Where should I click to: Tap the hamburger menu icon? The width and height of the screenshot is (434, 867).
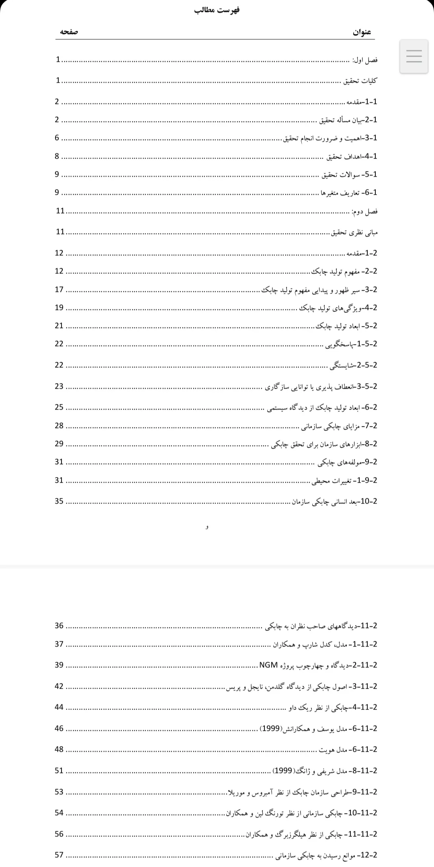click(414, 56)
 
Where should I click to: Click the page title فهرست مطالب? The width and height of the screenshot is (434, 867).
click(217, 10)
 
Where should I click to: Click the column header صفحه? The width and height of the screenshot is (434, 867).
click(69, 32)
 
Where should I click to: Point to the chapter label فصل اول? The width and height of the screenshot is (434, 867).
click(365, 60)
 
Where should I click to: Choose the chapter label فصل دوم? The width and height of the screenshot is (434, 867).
click(364, 212)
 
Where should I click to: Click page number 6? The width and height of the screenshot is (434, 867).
click(57, 138)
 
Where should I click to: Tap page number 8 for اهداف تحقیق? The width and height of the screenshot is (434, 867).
click(57, 156)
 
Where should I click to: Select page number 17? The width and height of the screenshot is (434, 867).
click(59, 289)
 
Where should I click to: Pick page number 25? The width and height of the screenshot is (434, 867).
click(59, 407)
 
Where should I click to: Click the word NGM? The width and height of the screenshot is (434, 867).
click(268, 665)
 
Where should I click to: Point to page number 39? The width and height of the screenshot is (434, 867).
click(59, 665)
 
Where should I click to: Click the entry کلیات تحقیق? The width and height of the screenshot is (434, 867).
click(360, 81)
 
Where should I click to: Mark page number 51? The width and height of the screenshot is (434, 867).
click(59, 770)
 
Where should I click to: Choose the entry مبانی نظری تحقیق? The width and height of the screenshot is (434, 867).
click(354, 232)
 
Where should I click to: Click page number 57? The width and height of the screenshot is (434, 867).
click(59, 855)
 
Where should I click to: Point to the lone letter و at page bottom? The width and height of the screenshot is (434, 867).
click(207, 527)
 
